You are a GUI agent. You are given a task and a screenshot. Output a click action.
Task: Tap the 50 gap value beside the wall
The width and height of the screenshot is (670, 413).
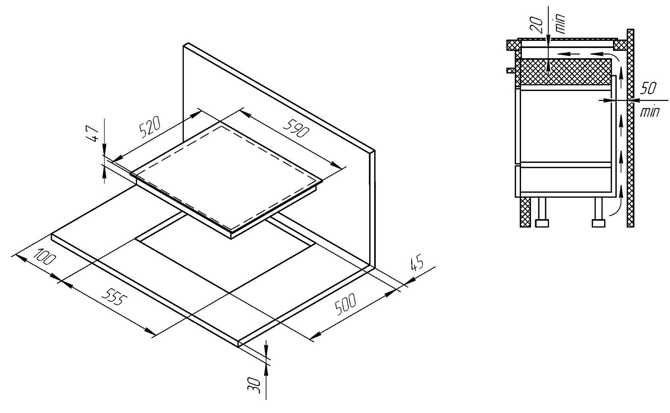tap(648, 89)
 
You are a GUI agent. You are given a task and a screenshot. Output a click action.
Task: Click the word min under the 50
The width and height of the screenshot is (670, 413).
tap(650, 112)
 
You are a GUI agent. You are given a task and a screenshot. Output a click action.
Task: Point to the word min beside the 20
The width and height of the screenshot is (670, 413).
tap(560, 24)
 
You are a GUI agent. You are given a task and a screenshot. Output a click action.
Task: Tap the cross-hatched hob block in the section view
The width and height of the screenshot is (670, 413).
tap(563, 72)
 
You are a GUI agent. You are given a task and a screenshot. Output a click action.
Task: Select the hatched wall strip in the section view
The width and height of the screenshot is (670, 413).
tap(630, 128)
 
